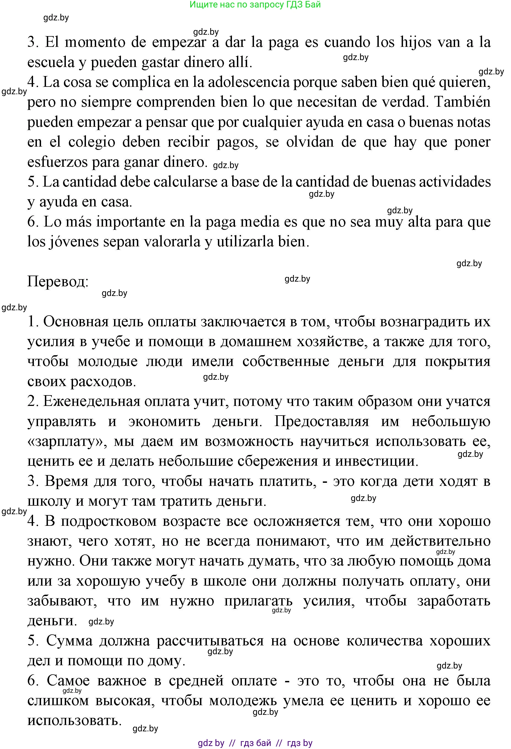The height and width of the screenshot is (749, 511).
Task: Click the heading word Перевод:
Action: pyautogui.click(x=58, y=281)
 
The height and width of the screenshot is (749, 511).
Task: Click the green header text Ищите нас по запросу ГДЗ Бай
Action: pyautogui.click(x=255, y=4)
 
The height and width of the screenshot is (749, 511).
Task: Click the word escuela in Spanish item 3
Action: pyautogui.click(x=51, y=62)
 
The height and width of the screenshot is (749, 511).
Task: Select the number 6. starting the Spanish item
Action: pyautogui.click(x=33, y=222)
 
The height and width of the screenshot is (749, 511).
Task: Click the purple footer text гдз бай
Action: pyautogui.click(x=256, y=743)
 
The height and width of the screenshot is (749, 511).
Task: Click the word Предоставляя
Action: pyautogui.click(x=321, y=421)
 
